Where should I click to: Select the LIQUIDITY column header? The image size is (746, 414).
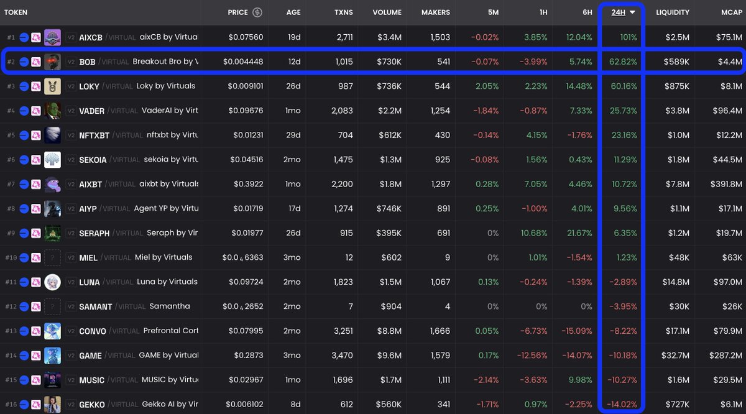(x=672, y=12)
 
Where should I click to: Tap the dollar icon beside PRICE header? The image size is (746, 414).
(x=257, y=12)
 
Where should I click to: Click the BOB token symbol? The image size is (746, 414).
(x=87, y=62)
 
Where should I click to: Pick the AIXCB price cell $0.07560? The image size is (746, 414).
(x=246, y=37)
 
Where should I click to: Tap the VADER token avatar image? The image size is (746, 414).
(x=52, y=111)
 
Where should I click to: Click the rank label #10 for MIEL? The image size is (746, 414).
(x=11, y=257)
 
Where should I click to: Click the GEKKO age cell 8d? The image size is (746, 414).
(x=294, y=404)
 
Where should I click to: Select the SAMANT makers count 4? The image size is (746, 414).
(x=447, y=306)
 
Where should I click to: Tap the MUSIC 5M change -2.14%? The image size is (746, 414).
(x=485, y=380)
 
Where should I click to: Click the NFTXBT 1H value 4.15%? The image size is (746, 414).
(x=536, y=135)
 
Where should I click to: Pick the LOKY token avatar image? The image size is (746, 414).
(x=52, y=86)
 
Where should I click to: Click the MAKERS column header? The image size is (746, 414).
(x=436, y=12)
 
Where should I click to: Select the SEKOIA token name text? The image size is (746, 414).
(x=93, y=160)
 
